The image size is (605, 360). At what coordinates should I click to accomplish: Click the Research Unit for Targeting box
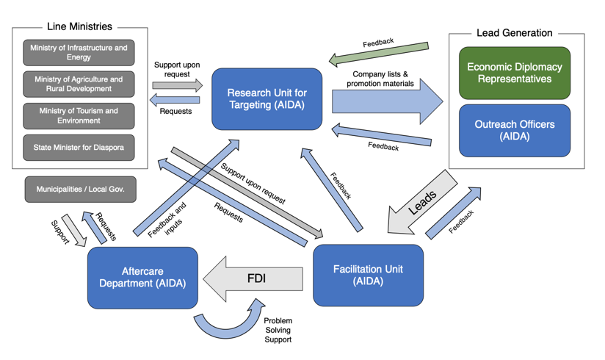coord(267,99)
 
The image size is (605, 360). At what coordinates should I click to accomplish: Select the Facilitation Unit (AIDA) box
coord(368,275)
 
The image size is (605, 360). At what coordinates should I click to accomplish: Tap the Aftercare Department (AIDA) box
coord(142,277)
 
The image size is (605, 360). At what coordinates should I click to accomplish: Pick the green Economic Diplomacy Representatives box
coord(514,73)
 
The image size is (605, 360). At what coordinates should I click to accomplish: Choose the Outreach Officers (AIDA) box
coord(514,130)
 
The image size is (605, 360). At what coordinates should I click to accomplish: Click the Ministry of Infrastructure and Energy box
coord(79,53)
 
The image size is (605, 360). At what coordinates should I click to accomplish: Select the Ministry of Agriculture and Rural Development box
coord(79,84)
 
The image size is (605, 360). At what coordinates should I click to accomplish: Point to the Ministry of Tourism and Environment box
coord(79,116)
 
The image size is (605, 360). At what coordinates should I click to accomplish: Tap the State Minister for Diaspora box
coord(79,148)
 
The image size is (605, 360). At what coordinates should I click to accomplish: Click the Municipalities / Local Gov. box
coord(80,190)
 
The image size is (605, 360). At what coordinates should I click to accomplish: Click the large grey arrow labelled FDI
coord(253,279)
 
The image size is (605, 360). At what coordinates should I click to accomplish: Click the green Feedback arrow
coord(378,53)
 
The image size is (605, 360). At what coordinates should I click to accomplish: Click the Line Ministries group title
coord(79,26)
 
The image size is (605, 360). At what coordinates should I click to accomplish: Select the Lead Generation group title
coord(514,33)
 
